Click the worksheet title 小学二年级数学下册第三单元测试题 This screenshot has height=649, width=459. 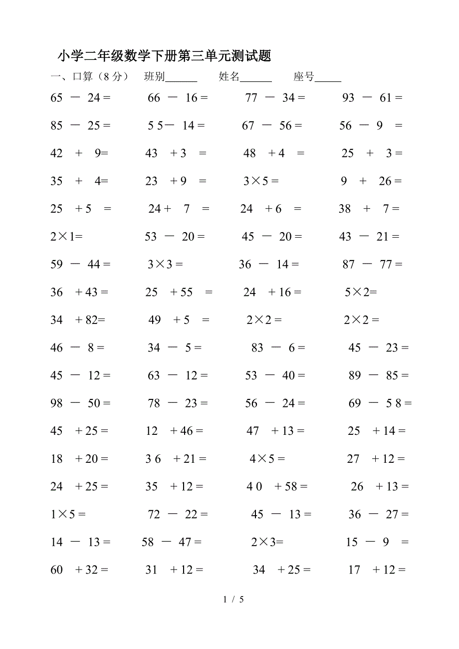point(164,55)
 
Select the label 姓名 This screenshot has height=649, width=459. point(229,76)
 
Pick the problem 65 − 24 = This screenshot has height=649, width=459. point(80,98)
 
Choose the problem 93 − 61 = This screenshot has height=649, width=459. point(372,98)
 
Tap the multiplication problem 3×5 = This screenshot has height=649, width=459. point(261,181)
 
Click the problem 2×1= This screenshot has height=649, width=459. point(66,237)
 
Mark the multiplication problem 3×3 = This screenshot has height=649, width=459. point(165,265)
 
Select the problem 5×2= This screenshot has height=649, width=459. point(361,293)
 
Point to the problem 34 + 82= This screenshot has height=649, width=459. point(78,320)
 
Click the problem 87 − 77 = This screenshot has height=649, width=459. point(372,265)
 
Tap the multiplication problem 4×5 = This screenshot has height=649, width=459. point(267,459)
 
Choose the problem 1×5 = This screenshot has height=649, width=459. point(68,514)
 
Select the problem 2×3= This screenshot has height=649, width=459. point(267,542)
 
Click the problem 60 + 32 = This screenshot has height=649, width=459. point(79,570)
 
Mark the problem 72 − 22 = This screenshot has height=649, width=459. point(178,514)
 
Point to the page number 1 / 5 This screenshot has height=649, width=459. point(233,599)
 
